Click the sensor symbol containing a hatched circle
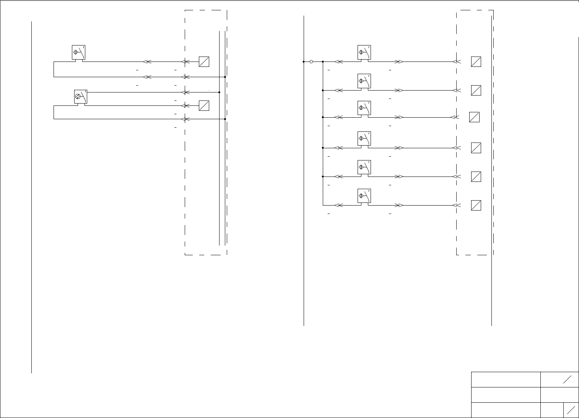(81, 97)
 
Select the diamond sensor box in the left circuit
(78, 52)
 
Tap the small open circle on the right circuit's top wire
(311, 62)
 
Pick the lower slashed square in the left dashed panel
(204, 105)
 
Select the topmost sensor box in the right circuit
(364, 52)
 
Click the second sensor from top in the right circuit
(364, 81)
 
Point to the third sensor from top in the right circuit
(364, 108)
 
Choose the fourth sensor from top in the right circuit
(364, 138)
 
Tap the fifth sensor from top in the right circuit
(364, 167)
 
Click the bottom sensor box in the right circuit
(364, 196)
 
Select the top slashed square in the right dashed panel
(476, 62)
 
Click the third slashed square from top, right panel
(474, 117)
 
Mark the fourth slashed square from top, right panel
(476, 148)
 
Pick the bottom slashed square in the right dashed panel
(476, 206)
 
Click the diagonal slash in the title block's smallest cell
(571, 410)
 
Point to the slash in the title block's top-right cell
(567, 379)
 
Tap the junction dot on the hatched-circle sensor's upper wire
(219, 92)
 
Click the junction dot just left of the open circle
(304, 62)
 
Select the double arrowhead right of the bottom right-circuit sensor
(399, 205)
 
